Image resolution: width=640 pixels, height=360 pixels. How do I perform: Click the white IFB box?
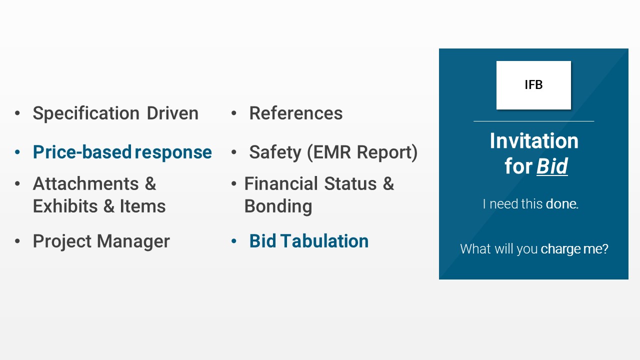point(533,85)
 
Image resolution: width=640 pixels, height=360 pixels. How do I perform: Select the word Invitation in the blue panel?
point(533,141)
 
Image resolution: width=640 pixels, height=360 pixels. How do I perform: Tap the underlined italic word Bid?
point(552,166)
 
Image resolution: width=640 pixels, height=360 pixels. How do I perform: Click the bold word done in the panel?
point(561,204)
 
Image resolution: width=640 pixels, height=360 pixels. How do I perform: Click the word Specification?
point(86,113)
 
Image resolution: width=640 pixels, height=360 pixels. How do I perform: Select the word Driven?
point(172,113)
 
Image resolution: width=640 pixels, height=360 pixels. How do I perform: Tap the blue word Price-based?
point(82,152)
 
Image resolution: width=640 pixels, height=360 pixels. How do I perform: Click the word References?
point(296,113)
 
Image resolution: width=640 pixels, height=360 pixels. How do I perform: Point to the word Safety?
point(274,152)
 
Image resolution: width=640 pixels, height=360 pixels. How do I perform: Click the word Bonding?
point(278,206)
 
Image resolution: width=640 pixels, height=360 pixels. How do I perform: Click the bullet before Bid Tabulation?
point(233,241)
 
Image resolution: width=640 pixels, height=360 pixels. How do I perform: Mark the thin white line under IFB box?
point(533,121)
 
